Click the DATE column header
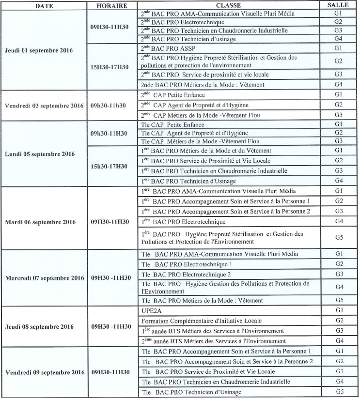(44, 6)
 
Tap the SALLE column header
(339, 6)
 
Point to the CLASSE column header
(231, 6)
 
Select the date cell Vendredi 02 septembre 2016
(45, 105)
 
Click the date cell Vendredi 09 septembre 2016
(45, 372)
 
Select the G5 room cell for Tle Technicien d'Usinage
(338, 392)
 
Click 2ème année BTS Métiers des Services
(211, 341)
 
